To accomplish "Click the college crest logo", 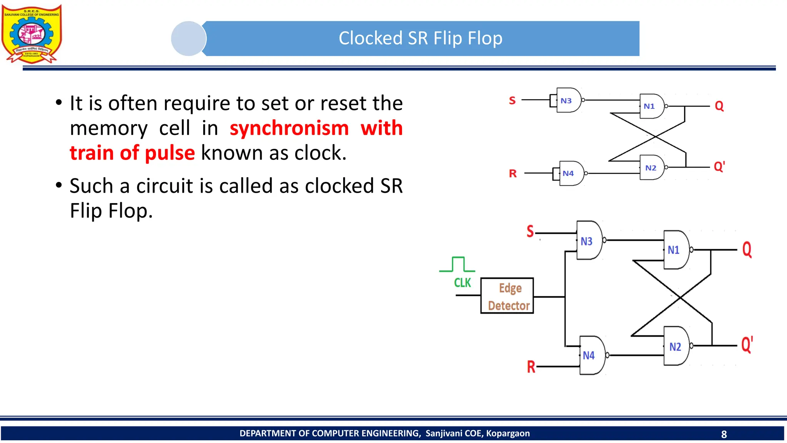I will (32, 34).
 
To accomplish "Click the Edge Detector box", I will (507, 296).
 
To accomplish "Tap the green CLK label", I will (462, 283).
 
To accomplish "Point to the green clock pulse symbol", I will (458, 265).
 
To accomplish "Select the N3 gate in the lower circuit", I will (588, 240).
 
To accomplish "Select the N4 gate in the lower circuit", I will (591, 355).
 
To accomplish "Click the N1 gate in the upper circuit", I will (651, 106).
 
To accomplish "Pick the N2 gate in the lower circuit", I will (677, 346).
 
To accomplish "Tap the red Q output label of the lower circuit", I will (747, 250).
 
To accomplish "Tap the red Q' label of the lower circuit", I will (747, 345).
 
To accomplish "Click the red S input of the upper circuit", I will (512, 101).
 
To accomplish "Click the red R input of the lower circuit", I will (531, 367).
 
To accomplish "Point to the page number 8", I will (724, 434).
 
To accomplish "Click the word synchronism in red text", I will (289, 128).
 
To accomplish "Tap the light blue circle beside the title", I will (188, 38).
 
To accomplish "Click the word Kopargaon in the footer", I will (508, 433).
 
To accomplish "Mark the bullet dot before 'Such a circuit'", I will (59, 185).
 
